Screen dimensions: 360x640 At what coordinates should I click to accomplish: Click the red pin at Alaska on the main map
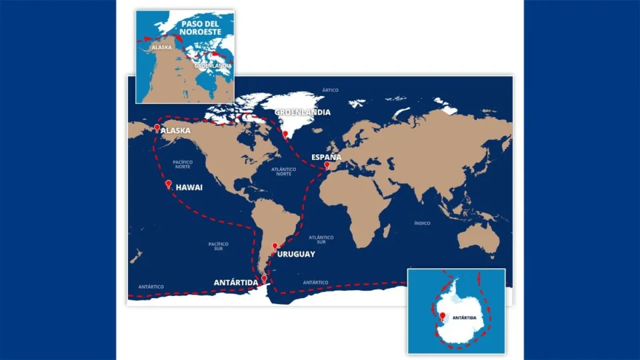click(157, 128)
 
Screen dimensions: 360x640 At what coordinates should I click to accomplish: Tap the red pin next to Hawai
click(168, 184)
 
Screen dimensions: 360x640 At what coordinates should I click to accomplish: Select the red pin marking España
click(327, 165)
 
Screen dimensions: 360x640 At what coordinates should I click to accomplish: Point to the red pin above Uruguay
click(275, 246)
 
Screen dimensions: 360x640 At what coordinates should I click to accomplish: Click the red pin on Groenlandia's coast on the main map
click(285, 134)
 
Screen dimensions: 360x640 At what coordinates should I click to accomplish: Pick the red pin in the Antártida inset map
click(442, 316)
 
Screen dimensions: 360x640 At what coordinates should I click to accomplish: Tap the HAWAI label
click(189, 189)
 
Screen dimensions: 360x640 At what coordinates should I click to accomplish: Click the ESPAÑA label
click(327, 157)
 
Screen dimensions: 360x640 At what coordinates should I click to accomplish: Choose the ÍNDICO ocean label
click(422, 223)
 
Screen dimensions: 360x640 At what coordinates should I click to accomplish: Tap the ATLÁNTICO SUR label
click(321, 240)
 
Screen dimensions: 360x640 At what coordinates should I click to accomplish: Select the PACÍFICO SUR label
click(218, 247)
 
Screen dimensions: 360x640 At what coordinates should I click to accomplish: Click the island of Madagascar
click(386, 231)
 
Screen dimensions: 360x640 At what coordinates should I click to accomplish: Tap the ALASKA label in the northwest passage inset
click(161, 47)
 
